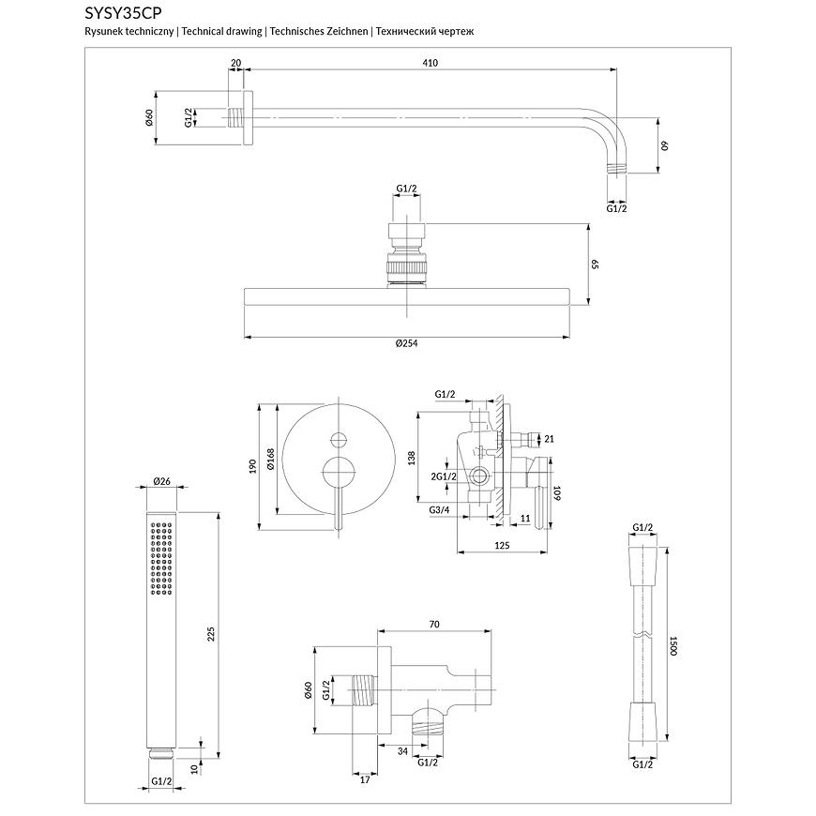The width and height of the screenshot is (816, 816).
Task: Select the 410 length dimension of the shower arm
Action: pyautogui.click(x=431, y=63)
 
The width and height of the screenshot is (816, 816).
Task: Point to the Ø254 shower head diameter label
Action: pyautogui.click(x=406, y=343)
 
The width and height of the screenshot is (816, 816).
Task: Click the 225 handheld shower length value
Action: pyautogui.click(x=211, y=634)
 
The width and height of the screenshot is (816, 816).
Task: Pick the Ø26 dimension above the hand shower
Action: pyautogui.click(x=161, y=481)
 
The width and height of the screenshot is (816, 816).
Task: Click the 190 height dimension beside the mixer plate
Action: pyautogui.click(x=252, y=467)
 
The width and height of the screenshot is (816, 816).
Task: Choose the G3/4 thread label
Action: pyautogui.click(x=441, y=510)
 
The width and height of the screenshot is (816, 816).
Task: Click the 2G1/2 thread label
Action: pyautogui.click(x=444, y=476)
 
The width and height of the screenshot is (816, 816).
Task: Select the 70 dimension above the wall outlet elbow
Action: pyautogui.click(x=433, y=622)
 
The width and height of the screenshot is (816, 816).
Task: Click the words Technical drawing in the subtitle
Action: pyautogui.click(x=222, y=31)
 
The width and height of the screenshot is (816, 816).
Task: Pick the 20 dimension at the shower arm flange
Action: pyautogui.click(x=235, y=63)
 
